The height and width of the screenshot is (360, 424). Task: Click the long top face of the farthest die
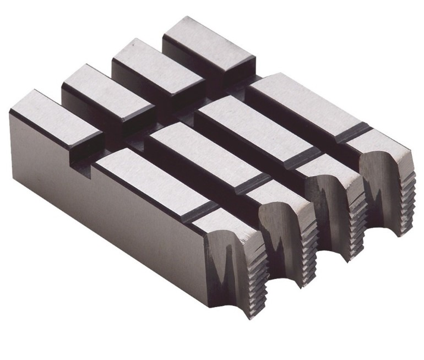pyautogui.click(x=303, y=105)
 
